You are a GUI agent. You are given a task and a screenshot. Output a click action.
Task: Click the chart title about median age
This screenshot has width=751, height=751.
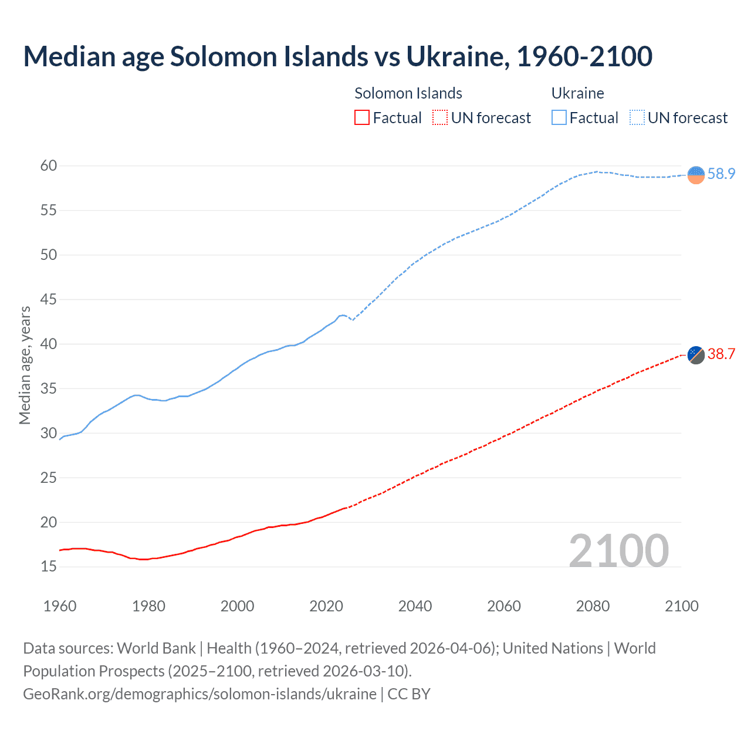337,56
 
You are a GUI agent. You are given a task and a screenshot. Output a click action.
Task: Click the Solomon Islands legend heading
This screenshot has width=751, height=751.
408,93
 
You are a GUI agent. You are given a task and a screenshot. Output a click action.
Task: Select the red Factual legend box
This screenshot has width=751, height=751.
362,118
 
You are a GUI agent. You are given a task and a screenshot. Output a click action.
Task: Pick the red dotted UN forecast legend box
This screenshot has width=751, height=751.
440,118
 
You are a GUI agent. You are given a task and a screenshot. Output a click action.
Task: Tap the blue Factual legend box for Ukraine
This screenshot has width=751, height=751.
559,118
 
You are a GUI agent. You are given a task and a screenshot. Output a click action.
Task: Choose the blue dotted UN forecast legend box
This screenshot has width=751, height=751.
637,118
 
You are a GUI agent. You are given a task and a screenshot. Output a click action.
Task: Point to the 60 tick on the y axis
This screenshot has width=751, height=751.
49,165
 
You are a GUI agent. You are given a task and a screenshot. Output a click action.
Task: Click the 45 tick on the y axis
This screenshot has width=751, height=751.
49,299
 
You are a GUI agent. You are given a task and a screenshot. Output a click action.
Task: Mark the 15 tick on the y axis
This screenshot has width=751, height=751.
49,566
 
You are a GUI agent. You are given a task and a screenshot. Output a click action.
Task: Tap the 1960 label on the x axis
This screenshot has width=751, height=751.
60,606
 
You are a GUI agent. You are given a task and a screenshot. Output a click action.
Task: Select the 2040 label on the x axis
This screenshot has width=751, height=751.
415,606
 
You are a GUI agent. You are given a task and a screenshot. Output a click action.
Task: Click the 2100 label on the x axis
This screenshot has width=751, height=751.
681,606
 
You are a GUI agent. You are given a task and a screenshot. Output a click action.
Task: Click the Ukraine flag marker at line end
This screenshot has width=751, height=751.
696,175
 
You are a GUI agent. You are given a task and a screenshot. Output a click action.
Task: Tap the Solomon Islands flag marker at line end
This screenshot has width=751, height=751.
696,354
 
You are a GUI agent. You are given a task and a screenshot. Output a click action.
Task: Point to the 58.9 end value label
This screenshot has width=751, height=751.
721,174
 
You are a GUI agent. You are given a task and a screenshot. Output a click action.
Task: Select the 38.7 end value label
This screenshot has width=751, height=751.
721,354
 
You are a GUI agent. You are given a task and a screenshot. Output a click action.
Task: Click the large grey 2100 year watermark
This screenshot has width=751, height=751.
618,550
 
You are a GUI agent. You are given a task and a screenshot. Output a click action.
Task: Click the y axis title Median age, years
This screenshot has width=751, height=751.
25,365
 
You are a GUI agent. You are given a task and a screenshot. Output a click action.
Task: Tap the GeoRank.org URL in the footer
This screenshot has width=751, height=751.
199,694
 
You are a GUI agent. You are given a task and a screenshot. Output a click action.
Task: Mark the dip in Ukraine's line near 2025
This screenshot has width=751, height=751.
352,320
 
